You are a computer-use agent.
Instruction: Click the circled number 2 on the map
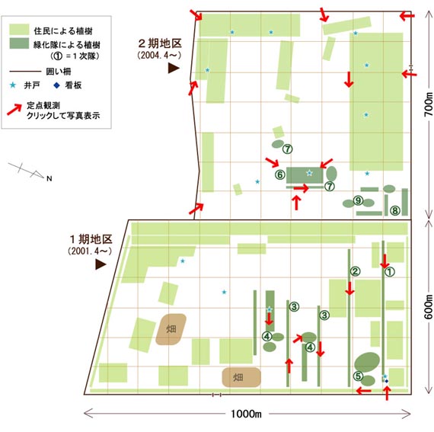pyautogui.click(x=355, y=271)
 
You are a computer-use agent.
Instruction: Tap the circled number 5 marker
pyautogui.click(x=358, y=376)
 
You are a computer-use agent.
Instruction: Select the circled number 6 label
pyautogui.click(x=280, y=174)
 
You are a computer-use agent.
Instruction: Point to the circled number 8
pyautogui.click(x=395, y=211)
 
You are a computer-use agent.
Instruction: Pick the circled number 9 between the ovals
pyautogui.click(x=358, y=200)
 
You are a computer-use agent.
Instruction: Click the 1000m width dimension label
pyautogui.click(x=246, y=414)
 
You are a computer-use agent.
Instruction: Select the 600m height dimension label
pyautogui.click(x=429, y=307)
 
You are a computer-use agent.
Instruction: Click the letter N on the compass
pyautogui.click(x=49, y=178)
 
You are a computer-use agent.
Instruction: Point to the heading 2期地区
pyautogui.click(x=160, y=43)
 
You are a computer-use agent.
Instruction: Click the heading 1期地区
pyautogui.click(x=91, y=239)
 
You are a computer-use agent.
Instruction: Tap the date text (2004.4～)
pyautogui.click(x=159, y=56)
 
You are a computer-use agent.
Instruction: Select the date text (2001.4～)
pyautogui.click(x=90, y=251)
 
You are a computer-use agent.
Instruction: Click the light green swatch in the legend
pyautogui.click(x=19, y=30)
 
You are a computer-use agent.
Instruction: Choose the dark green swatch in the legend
pyautogui.click(x=19, y=43)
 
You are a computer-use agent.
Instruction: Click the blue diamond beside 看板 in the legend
pyautogui.click(x=56, y=85)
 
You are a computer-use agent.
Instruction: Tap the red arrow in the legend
pyautogui.click(x=14, y=110)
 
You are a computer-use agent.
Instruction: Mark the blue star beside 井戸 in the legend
pyautogui.click(x=13, y=85)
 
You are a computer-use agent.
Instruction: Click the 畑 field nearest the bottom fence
pyautogui.click(x=241, y=377)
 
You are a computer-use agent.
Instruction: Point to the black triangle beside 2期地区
pyautogui.click(x=174, y=68)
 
